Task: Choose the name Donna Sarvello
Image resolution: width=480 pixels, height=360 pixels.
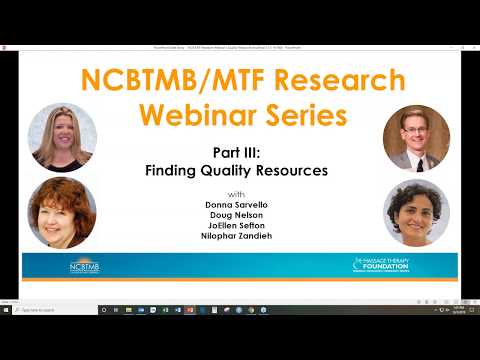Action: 238,203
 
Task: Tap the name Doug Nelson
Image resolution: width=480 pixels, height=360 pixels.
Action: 238,215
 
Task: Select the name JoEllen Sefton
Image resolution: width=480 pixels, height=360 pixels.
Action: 238,227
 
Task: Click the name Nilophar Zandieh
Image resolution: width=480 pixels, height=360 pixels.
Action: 238,239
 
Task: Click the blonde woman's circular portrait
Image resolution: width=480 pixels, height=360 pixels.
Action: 62,137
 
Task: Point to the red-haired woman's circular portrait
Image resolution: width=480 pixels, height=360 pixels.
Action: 62,212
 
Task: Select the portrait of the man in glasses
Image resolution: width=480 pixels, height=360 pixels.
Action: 416,137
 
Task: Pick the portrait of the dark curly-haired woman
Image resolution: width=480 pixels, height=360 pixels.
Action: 416,213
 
